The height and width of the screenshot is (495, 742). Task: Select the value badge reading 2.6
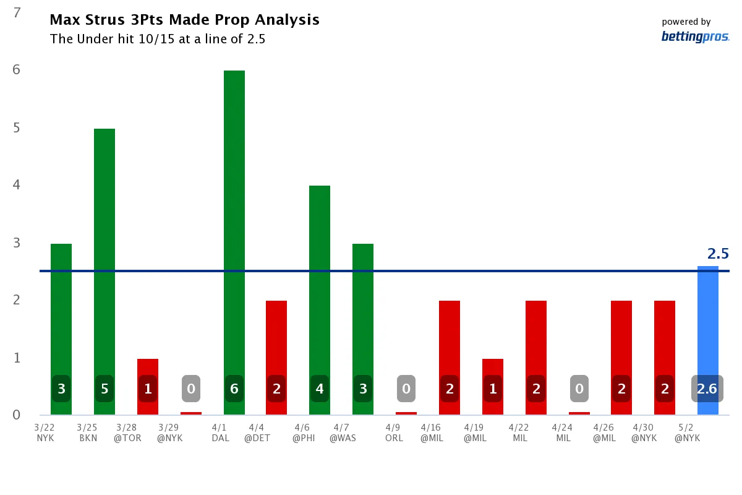pos(707,389)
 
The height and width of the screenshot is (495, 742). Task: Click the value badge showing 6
pos(234,389)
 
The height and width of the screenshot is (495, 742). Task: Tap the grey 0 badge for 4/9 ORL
pos(406,389)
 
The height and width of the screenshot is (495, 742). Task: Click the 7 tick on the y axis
pos(17,12)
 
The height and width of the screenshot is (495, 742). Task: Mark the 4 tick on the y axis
pos(17,185)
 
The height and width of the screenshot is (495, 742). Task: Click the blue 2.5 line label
pos(718,254)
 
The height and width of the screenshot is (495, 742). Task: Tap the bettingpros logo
pos(695,37)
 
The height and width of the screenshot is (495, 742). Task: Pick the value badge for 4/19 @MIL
pos(492,389)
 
